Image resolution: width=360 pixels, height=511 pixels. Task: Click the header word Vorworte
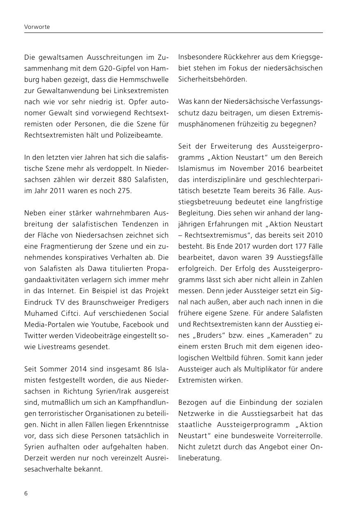click(x=37, y=27)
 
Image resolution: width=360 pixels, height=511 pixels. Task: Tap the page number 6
click(x=26, y=493)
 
